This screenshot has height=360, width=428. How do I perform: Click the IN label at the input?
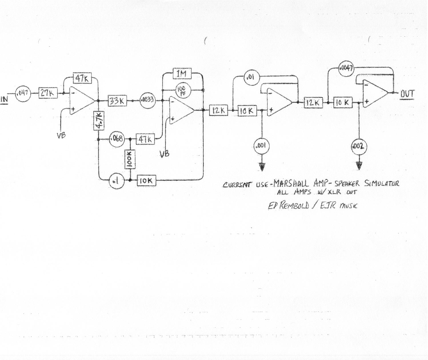[4, 99]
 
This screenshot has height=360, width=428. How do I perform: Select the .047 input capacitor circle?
[23, 93]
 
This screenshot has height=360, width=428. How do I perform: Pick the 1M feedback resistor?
[182, 74]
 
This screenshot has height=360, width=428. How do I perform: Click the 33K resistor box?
[117, 101]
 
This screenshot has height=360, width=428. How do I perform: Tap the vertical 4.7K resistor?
[98, 121]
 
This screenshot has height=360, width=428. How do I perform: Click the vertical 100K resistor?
[130, 159]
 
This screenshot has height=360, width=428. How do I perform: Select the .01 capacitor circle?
[251, 77]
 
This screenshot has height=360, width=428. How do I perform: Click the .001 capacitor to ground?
[261, 146]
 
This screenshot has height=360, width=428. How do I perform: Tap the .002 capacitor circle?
[359, 146]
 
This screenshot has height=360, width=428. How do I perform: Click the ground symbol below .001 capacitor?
[262, 167]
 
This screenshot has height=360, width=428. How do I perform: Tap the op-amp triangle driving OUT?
[374, 94]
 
